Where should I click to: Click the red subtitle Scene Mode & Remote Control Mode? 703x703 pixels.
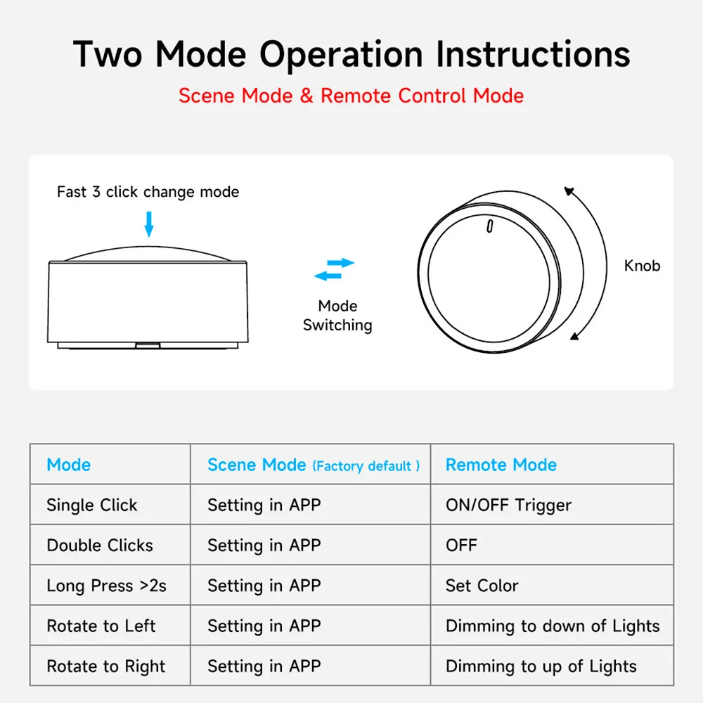coord(351,96)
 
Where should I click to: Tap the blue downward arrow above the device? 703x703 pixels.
coord(148,224)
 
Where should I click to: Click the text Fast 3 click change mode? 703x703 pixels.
coord(148,192)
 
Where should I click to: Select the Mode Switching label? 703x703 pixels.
coord(337,316)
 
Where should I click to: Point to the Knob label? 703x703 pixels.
coord(642,266)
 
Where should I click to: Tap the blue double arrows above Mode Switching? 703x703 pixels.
coord(334,269)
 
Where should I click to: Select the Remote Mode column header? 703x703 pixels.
coord(501,465)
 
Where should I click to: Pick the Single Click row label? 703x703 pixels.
coord(91,505)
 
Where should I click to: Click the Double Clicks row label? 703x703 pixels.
coord(99,546)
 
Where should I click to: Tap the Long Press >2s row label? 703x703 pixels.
coord(106,586)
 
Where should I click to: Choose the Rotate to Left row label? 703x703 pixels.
coord(101,626)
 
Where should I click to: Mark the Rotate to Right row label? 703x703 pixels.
coord(105,666)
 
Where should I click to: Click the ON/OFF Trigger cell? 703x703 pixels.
coord(508,505)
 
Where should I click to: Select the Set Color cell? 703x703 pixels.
coord(482,586)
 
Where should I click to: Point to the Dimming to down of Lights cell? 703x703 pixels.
coord(553,626)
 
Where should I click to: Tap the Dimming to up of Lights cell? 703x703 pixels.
coord(541,666)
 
